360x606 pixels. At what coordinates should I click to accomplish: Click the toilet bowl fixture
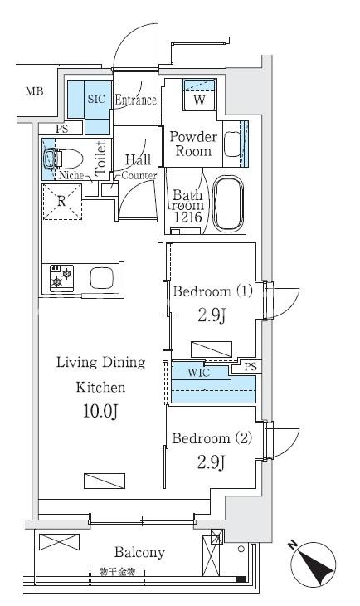point(62,159)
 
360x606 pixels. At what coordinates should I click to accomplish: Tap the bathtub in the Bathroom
point(228,203)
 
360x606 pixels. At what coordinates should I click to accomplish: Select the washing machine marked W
point(199,95)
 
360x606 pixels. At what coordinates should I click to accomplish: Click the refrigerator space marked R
point(62,202)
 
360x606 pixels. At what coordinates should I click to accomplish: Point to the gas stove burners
point(62,278)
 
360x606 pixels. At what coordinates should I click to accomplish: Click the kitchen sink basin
point(102,277)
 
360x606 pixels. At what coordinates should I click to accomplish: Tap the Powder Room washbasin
point(232,144)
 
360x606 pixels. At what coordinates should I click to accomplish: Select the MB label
point(34,91)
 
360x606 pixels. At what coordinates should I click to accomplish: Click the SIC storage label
point(96,99)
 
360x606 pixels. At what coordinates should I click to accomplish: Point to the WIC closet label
point(198,373)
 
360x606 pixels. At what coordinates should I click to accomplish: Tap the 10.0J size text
point(100,412)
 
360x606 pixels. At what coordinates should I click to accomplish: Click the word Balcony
point(139,553)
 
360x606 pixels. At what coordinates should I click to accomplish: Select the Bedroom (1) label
point(212,291)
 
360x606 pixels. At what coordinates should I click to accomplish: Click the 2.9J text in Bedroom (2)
point(211,462)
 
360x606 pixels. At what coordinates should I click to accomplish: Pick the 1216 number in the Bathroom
point(187,217)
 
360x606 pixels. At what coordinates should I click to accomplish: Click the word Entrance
point(136,100)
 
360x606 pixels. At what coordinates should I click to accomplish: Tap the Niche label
point(71,175)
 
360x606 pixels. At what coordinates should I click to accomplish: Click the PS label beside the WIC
point(251,366)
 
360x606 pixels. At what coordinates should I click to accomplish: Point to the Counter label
point(139,175)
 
